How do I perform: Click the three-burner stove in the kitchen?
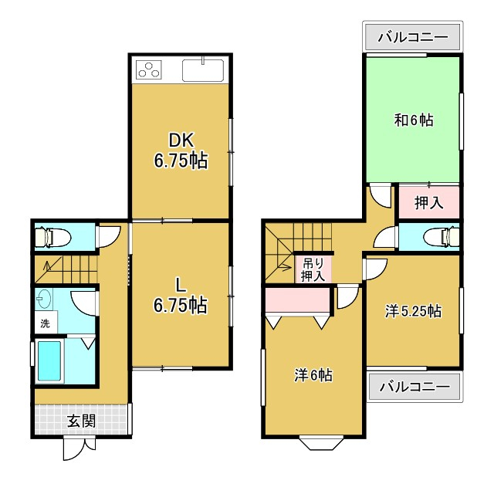(149, 69)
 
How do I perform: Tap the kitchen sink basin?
(203, 70)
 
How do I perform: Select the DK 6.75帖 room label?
(181, 151)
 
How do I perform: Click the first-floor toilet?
(52, 236)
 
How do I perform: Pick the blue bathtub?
(49, 361)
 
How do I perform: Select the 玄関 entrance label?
(82, 421)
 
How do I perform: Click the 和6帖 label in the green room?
(414, 120)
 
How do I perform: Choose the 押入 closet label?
(429, 202)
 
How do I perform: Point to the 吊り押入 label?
(313, 269)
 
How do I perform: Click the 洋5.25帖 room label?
(413, 311)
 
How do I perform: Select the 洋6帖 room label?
(313, 375)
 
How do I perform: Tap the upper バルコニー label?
(413, 38)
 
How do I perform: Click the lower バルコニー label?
(414, 387)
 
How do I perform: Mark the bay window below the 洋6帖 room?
(321, 442)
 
